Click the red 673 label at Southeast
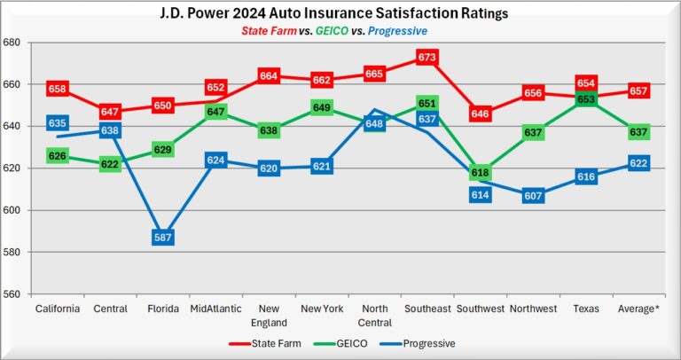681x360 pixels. pos(427,58)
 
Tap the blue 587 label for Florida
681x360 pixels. pos(162,238)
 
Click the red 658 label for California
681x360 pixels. pos(58,90)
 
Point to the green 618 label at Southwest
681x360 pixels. pos(481,173)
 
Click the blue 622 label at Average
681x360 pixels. pos(639,163)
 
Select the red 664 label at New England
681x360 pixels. pos(270,76)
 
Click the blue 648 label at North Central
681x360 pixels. pos(374,123)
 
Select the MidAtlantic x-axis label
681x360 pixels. pos(215,309)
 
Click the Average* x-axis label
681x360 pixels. pos(639,309)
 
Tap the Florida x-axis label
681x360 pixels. pos(162,309)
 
